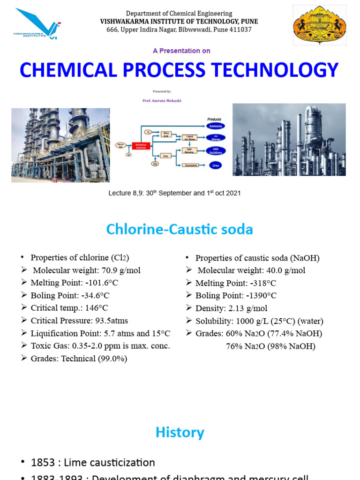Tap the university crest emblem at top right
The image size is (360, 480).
point(320,25)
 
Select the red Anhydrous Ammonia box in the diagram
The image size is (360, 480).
point(140,146)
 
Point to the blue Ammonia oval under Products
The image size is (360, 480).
point(215,126)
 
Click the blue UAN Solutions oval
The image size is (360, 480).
point(215,151)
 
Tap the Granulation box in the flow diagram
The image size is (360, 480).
point(191,165)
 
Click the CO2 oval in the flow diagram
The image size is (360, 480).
point(155,164)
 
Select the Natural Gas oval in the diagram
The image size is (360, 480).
point(120,145)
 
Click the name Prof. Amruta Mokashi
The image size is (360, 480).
point(162,101)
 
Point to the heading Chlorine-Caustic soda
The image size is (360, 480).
point(180,229)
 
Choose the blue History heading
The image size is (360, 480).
point(180,432)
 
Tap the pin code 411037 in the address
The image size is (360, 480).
point(239,30)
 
